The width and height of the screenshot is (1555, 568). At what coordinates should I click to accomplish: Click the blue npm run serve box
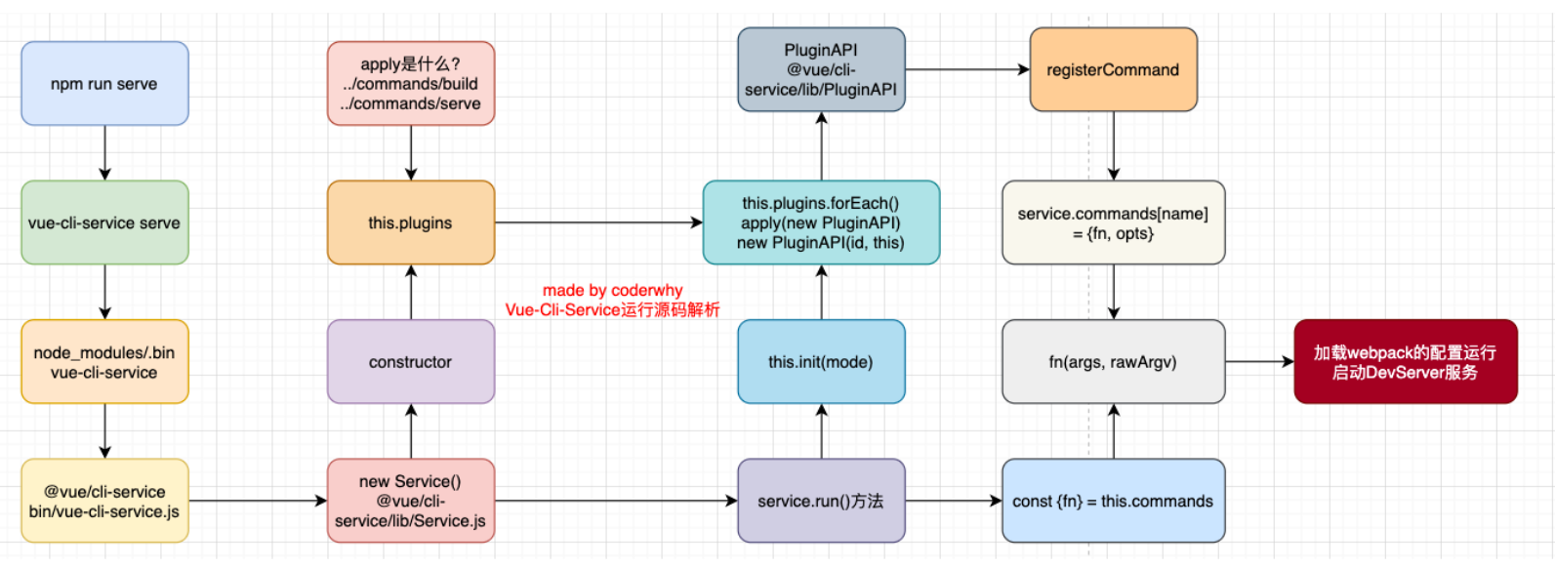tap(104, 84)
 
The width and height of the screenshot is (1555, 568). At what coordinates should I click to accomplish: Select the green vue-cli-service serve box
tap(104, 223)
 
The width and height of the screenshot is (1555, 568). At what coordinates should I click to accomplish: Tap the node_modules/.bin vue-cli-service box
tap(104, 362)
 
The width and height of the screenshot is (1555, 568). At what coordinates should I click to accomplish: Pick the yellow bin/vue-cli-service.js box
tap(104, 501)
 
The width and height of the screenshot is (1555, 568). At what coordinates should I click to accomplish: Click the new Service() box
tap(411, 501)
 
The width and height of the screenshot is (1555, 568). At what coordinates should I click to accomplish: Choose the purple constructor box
tap(411, 362)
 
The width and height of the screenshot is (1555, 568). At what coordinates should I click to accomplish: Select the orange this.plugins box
tap(411, 223)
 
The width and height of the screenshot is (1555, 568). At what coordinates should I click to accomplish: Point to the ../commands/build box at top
tap(411, 84)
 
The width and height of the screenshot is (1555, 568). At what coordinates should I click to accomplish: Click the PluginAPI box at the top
tap(821, 69)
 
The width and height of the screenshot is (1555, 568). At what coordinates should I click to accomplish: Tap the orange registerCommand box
tap(1113, 69)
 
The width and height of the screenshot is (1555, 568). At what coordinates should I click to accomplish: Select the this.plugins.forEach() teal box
tap(821, 223)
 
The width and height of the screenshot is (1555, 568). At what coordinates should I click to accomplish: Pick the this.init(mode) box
tap(821, 362)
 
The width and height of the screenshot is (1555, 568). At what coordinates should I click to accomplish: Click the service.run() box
tap(821, 501)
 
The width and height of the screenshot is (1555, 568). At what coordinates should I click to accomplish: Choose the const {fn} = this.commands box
tap(1113, 501)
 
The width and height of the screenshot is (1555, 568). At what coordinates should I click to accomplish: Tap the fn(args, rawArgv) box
tap(1113, 362)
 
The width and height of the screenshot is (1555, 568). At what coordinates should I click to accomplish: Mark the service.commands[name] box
tap(1113, 223)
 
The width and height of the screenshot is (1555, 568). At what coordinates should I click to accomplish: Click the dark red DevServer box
tap(1405, 362)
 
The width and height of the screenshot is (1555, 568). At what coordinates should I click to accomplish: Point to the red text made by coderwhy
tap(612, 291)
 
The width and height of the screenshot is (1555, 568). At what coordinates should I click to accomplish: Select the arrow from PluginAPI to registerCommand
tap(966, 69)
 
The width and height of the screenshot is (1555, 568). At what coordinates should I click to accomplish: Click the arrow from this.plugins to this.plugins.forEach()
tap(597, 223)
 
